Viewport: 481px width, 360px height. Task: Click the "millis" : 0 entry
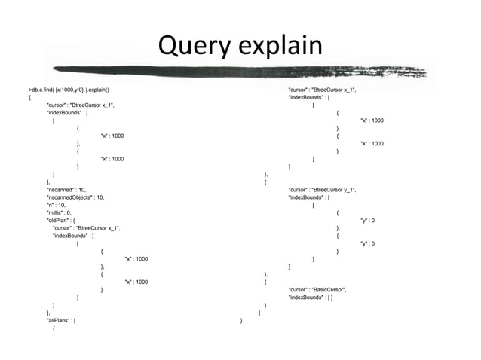click(61, 213)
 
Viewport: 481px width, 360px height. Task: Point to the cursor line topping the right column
click(322, 90)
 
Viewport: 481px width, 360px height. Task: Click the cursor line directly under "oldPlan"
click(86, 228)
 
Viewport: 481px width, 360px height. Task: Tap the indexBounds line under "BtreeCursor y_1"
click(309, 197)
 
